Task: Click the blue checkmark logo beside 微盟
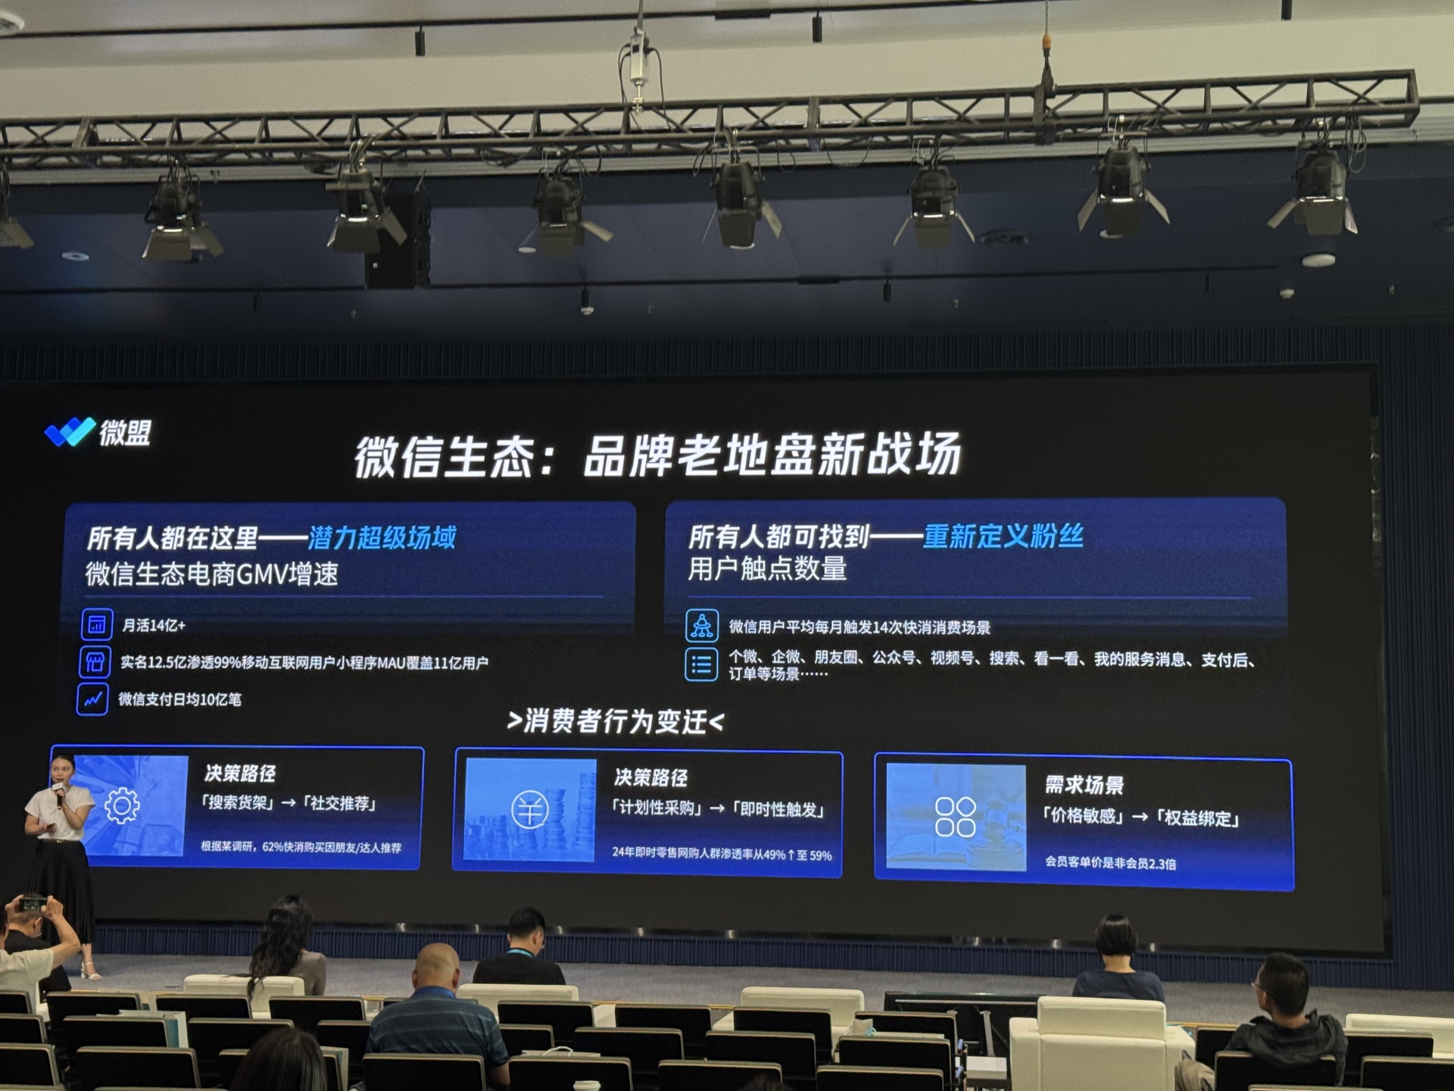tap(70, 432)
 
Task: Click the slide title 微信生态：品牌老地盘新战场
tap(658, 455)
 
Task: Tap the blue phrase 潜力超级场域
tap(382, 537)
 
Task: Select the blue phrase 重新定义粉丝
tap(1003, 536)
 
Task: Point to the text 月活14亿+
tap(154, 625)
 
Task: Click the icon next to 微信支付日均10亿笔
tap(92, 699)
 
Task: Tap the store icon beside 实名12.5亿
tap(95, 662)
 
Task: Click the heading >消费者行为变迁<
tap(615, 721)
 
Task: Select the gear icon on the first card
tap(122, 805)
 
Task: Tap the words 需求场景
tap(1084, 785)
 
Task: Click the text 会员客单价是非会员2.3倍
tap(1110, 862)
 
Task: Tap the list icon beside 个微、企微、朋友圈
tap(701, 664)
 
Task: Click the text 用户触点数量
tap(767, 569)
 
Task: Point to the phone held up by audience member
tap(33, 903)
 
